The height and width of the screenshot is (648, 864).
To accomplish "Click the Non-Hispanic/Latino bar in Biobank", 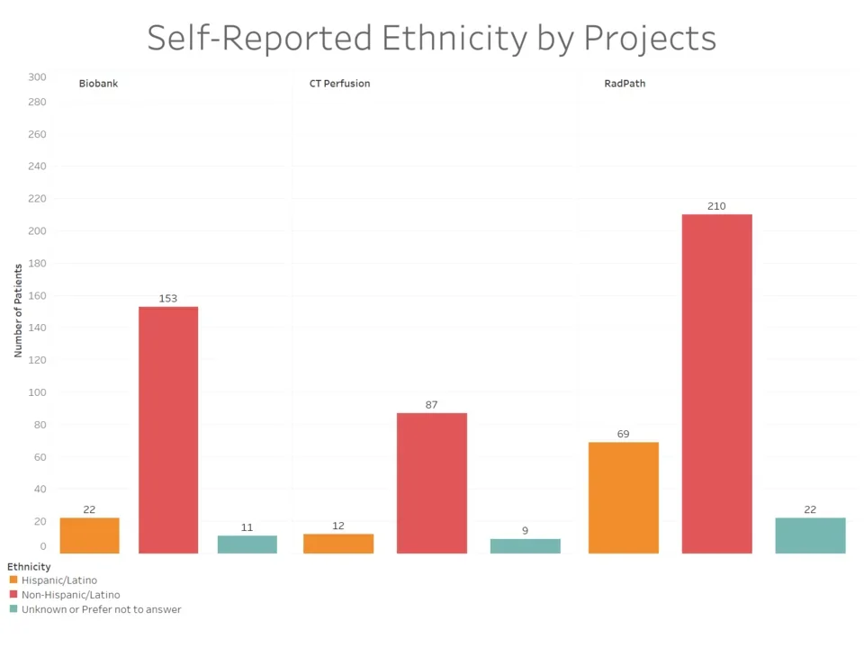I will click(x=168, y=430).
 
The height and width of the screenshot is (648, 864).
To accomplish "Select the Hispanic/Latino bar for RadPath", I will click(x=624, y=498).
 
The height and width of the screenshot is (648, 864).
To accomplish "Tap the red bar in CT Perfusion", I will click(x=432, y=483).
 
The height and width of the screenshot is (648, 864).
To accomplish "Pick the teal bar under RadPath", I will click(x=810, y=535).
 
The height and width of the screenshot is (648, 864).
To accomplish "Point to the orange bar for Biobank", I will click(x=89, y=535).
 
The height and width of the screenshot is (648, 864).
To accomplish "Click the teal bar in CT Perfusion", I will click(x=525, y=546).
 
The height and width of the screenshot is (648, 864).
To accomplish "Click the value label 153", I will click(x=168, y=298).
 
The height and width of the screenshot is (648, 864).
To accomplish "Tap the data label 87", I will click(x=432, y=405).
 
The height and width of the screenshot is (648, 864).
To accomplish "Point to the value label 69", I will click(x=624, y=434).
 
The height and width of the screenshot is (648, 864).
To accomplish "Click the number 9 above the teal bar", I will click(x=525, y=531).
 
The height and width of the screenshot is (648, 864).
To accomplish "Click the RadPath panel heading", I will click(x=625, y=84).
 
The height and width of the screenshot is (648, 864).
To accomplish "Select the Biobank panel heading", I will click(x=98, y=84).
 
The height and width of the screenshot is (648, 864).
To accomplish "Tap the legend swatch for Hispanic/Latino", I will click(x=13, y=580).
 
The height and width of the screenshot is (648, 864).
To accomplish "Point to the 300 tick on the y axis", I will click(x=37, y=77).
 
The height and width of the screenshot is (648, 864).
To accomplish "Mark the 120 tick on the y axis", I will click(x=37, y=360).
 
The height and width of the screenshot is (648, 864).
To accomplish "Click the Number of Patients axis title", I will click(x=18, y=310).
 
